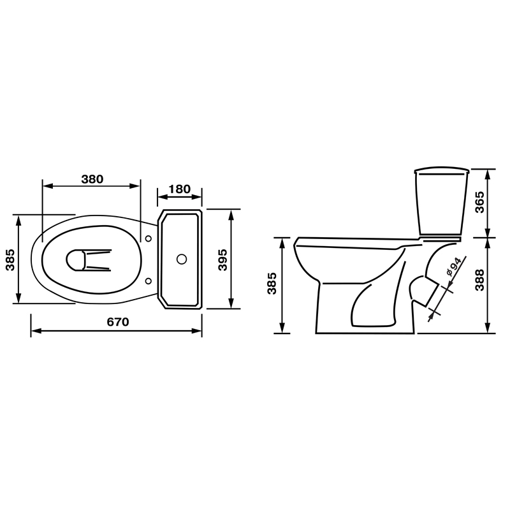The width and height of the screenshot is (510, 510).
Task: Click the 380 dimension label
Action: (x=92, y=179)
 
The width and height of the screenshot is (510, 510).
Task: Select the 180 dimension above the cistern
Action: (x=180, y=189)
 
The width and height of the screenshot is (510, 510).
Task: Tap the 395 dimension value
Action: (x=222, y=259)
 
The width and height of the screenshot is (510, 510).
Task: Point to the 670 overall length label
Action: (x=118, y=323)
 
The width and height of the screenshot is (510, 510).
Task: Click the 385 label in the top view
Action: (x=11, y=259)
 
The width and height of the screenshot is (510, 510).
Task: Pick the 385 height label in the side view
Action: (x=272, y=284)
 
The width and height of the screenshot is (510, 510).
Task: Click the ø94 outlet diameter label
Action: (x=453, y=267)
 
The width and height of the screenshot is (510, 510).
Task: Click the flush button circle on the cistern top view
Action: (x=181, y=259)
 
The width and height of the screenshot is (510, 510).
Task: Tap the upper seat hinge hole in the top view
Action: (x=149, y=239)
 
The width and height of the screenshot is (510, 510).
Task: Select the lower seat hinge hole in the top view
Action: (x=149, y=280)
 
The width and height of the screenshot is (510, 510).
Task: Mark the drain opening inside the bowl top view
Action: (x=75, y=259)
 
